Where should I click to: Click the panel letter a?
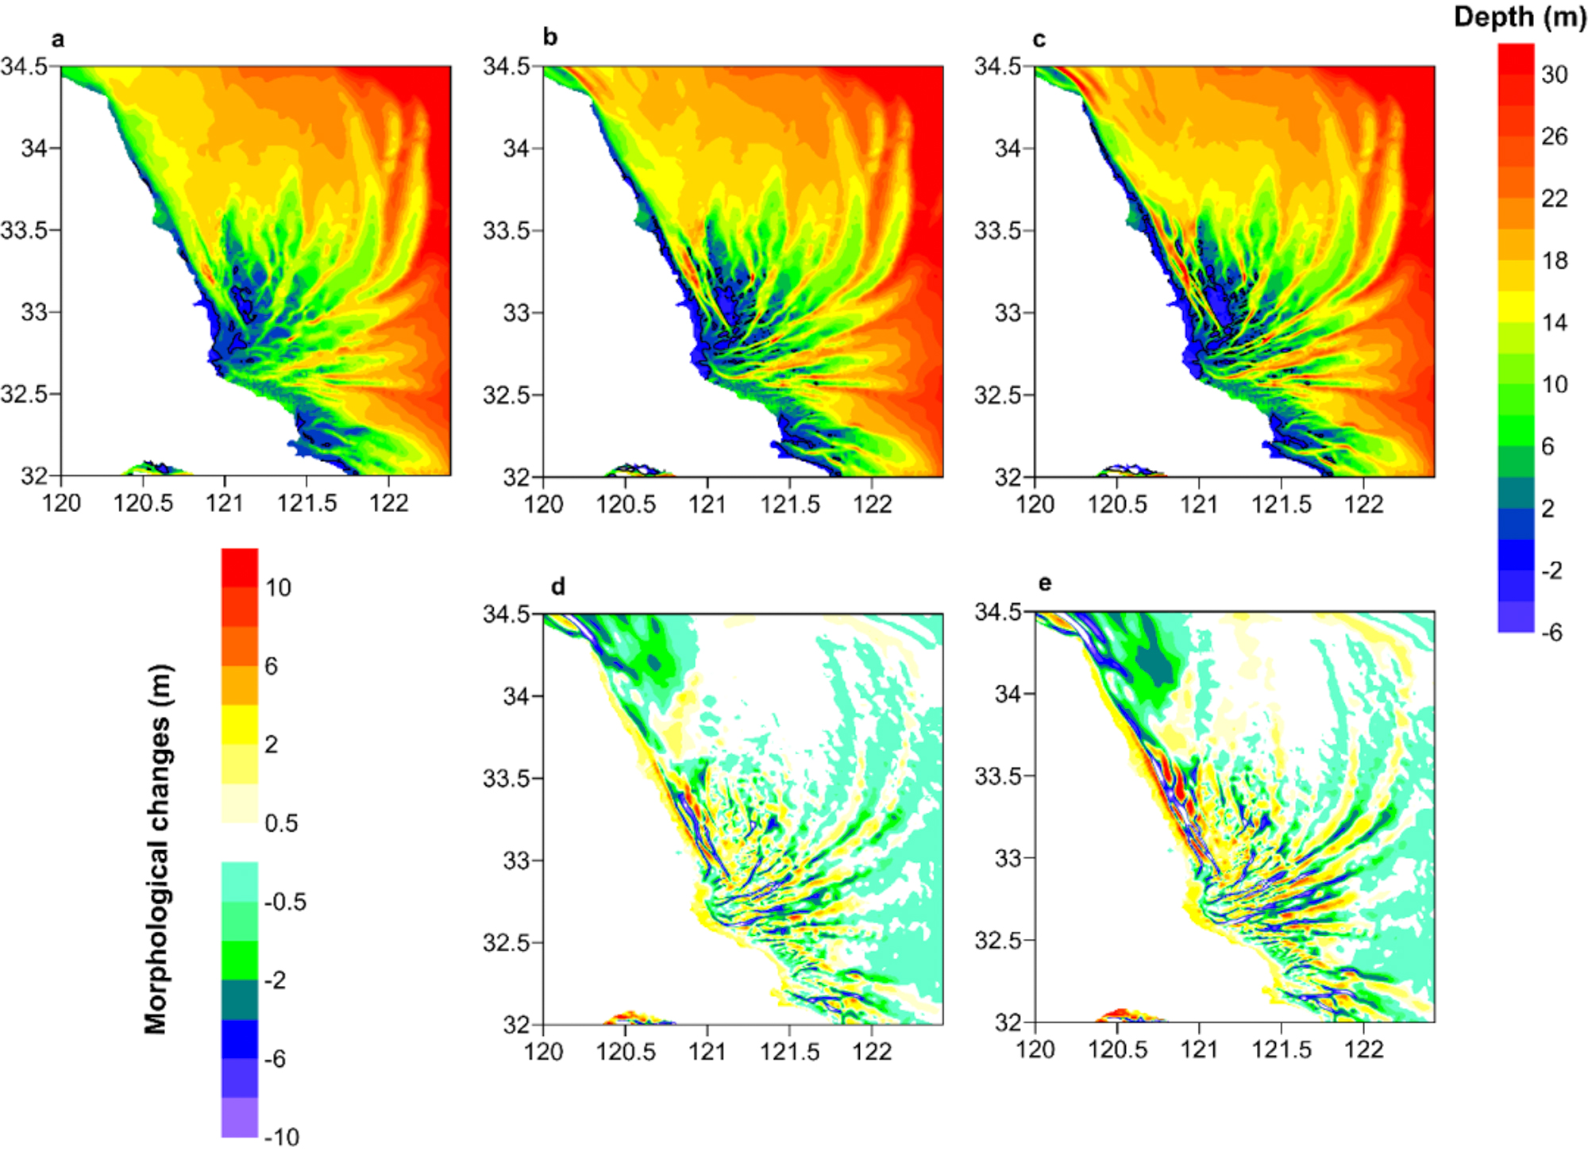click(57, 40)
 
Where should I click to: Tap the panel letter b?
click(549, 37)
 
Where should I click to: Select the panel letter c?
click(1039, 40)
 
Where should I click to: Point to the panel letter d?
click(558, 587)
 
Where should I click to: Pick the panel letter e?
click(1045, 584)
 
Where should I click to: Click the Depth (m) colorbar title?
click(1519, 17)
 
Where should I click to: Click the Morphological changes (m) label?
click(156, 849)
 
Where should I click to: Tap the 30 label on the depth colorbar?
click(1555, 75)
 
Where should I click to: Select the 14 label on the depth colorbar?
click(1555, 322)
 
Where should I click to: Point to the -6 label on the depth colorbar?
click(1551, 633)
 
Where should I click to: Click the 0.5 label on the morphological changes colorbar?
click(281, 823)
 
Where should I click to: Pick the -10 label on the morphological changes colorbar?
click(281, 1137)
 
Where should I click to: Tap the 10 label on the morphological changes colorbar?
click(278, 588)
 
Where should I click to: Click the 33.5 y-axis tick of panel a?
click(24, 230)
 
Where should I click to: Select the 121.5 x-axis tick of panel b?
click(789, 504)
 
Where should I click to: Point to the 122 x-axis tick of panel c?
click(1363, 504)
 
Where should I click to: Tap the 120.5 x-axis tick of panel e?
click(1117, 1049)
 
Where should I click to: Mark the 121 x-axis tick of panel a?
click(225, 503)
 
